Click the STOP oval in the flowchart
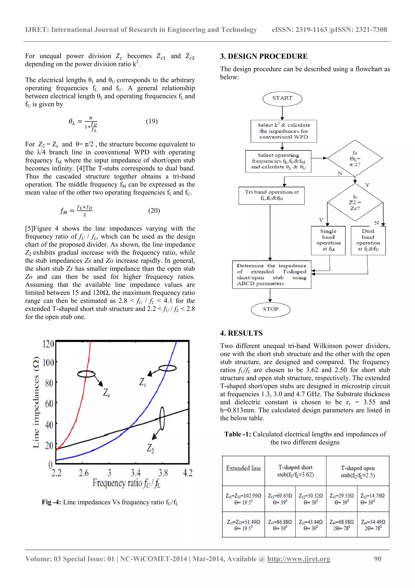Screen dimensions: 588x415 coord(271,309)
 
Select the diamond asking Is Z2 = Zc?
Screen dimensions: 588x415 coord(355,202)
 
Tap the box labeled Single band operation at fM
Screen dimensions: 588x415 coord(328,240)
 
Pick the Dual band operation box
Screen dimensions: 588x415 coord(368,240)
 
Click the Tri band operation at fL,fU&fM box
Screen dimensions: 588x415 coord(271,195)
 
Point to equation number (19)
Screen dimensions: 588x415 coord(152,121)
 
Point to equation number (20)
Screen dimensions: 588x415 coord(154,211)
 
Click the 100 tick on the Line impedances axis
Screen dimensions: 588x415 coord(48,363)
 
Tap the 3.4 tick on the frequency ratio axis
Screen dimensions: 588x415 coord(136,473)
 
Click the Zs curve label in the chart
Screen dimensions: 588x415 coord(142,382)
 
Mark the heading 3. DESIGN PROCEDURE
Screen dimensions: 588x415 coord(264,56)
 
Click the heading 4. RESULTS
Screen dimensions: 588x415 coord(241,333)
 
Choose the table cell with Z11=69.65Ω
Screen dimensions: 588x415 coord(280,499)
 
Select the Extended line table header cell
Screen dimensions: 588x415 coord(243,468)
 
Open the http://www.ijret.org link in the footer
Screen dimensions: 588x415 coord(298,559)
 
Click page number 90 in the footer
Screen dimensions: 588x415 coord(378,559)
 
